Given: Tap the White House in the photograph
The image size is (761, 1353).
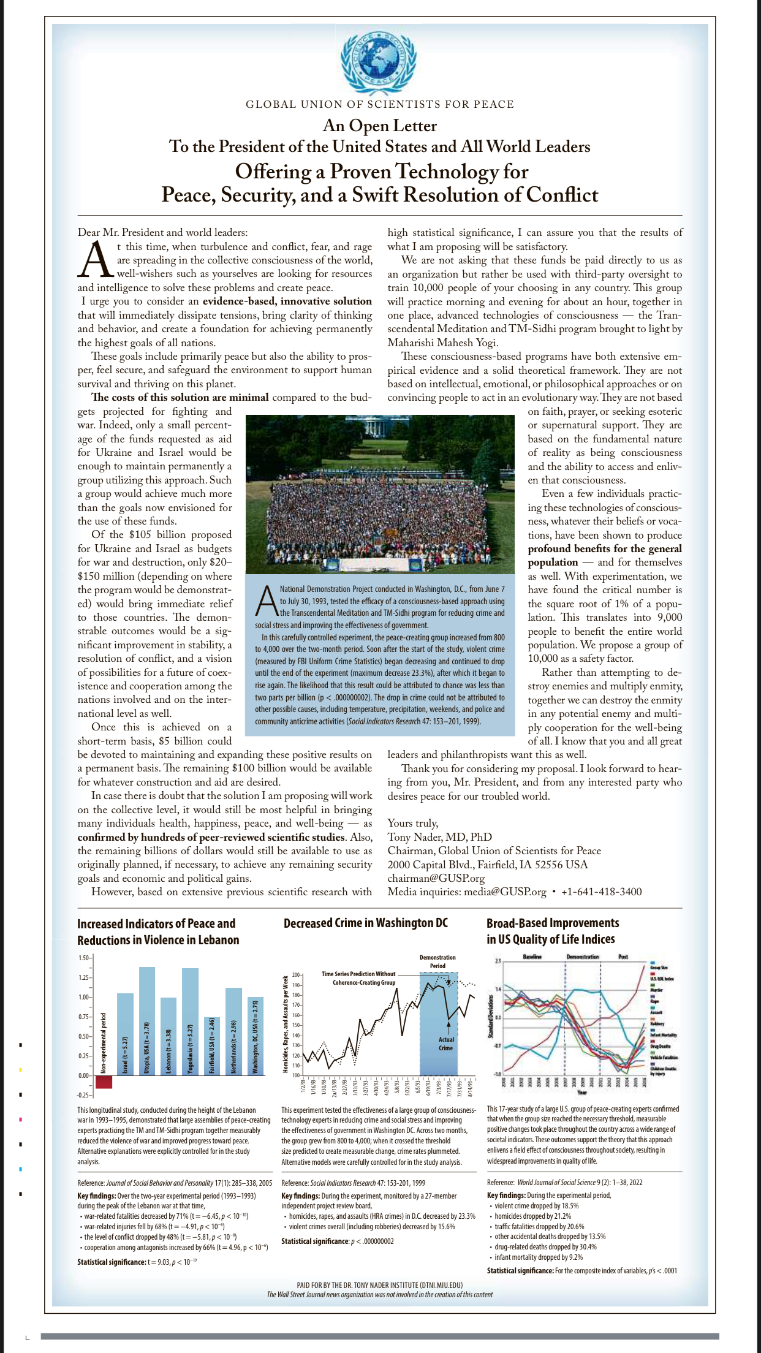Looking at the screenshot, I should pyautogui.click(x=373, y=426).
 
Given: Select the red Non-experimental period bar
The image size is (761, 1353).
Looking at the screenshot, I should pyautogui.click(x=104, y=1082).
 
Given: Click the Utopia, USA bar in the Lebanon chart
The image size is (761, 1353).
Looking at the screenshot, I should pyautogui.click(x=147, y=1020).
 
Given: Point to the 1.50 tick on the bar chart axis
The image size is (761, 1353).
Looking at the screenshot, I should pyautogui.click(x=84, y=958).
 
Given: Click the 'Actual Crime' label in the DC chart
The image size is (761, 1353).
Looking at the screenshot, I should pyautogui.click(x=446, y=1044).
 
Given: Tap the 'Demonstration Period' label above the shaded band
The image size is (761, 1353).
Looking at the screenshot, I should pyautogui.click(x=437, y=961).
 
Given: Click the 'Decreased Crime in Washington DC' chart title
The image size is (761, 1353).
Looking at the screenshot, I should pyautogui.click(x=366, y=923).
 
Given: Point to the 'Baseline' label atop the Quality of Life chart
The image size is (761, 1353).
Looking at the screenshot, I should pyautogui.click(x=532, y=957).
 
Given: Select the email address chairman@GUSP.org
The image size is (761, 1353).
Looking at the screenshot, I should pyautogui.click(x=436, y=878).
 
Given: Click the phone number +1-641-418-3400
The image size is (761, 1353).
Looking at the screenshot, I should pyautogui.click(x=601, y=892).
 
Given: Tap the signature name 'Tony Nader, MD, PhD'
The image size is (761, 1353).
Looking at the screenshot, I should pyautogui.click(x=439, y=837).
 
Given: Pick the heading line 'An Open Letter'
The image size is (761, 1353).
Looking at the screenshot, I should pyautogui.click(x=380, y=126).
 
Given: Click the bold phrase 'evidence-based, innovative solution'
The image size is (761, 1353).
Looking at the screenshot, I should pyautogui.click(x=287, y=301).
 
